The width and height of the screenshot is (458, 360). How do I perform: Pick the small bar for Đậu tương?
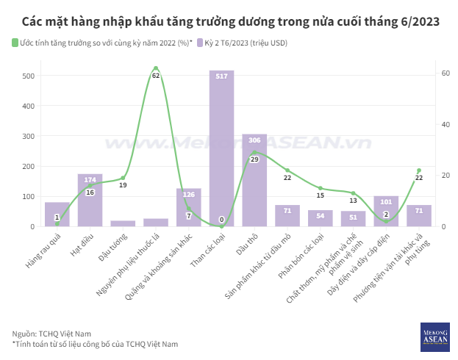[x=123, y=223]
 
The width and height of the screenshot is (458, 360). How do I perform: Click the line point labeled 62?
[x=156, y=68]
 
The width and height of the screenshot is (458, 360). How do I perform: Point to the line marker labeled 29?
[x=254, y=152]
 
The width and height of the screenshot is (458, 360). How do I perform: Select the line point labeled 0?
[x=221, y=226]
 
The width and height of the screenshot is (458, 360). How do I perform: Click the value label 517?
[x=221, y=76]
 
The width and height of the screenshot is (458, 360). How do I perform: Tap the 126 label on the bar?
[x=188, y=195]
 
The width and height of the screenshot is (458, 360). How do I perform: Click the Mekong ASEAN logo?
[x=434, y=336]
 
